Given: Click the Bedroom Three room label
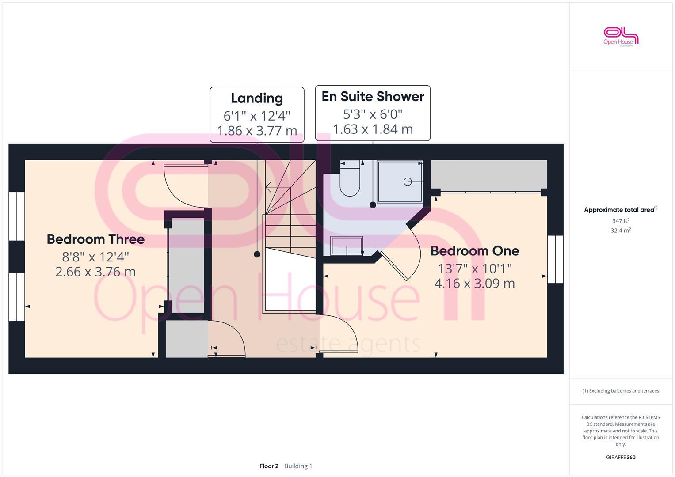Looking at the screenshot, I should pyautogui.click(x=95, y=239).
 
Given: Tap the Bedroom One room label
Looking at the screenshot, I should pyautogui.click(x=475, y=251).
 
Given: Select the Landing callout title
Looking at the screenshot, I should pyautogui.click(x=257, y=98).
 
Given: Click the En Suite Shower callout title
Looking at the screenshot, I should pyautogui.click(x=373, y=96).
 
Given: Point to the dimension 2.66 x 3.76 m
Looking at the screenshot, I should pyautogui.click(x=95, y=272).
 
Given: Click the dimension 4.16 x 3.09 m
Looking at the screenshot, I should pyautogui.click(x=475, y=283).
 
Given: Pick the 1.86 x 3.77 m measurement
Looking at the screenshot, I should pyautogui.click(x=257, y=131).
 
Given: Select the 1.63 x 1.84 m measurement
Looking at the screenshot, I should pyautogui.click(x=373, y=129).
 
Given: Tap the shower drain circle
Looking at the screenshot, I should pyautogui.click(x=408, y=182).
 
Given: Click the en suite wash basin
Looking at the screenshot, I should pyautogui.click(x=347, y=246).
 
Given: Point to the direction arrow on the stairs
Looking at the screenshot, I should pyautogui.click(x=271, y=190).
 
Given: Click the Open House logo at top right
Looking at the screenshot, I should pyautogui.click(x=621, y=36).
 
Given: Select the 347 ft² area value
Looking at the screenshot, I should pyautogui.click(x=621, y=221).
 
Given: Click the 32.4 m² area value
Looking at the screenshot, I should pyautogui.click(x=621, y=231).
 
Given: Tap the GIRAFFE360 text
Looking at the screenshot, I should pyautogui.click(x=621, y=458).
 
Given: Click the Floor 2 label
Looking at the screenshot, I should pyautogui.click(x=269, y=466).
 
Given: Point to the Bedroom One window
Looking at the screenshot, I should pyautogui.click(x=555, y=259).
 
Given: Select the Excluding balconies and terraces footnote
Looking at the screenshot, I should pyautogui.click(x=621, y=391).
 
